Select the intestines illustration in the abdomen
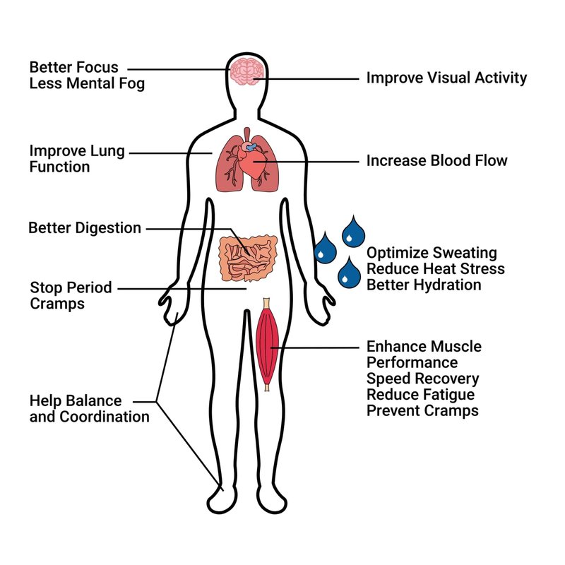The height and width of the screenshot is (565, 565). click(x=248, y=258)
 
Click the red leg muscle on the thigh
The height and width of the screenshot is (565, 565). click(x=268, y=343)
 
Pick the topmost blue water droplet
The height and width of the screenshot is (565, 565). click(x=354, y=232)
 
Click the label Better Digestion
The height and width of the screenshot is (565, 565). click(x=85, y=228)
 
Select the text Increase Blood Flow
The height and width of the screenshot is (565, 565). click(x=436, y=161)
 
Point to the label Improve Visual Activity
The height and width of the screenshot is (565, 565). click(x=446, y=78)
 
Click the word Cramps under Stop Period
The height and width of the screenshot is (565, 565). click(x=57, y=304)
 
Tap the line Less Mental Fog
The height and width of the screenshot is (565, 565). click(x=87, y=84)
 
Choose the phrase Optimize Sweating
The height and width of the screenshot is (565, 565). click(x=432, y=253)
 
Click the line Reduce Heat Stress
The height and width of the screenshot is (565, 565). click(x=436, y=269)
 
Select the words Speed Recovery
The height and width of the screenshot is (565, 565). click(x=422, y=379)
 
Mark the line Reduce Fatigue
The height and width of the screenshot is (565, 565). click(x=420, y=395)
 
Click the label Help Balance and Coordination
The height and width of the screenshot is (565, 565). click(x=89, y=409)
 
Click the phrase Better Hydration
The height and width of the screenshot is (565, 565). click(x=424, y=285)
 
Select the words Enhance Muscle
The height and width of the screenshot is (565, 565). click(x=424, y=347)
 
